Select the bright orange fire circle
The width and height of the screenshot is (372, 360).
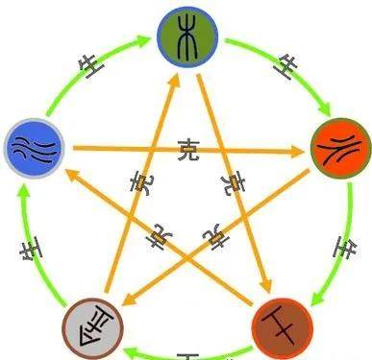340,148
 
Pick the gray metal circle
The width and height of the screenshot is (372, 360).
92,326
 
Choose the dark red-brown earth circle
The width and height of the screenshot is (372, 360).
282,326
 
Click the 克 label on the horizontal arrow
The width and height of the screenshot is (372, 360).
189,149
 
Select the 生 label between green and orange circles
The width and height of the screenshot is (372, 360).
285,67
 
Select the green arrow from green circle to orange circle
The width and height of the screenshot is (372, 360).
274,58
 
